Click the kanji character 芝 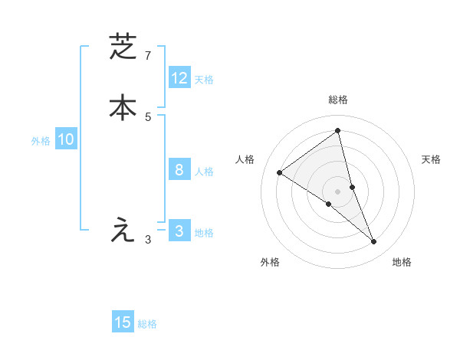click(123, 47)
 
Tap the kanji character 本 click(123, 106)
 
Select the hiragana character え click(123, 229)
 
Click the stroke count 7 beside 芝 click(148, 56)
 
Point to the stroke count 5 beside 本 click(148, 116)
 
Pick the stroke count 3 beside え click(148, 239)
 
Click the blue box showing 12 click(179, 78)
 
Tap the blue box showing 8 click(179, 170)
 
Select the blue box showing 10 click(66, 139)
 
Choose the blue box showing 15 click(123, 322)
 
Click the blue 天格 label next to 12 click(204, 80)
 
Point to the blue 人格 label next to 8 click(204, 172)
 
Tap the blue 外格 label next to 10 click(41, 141)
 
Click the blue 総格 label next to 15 click(147, 324)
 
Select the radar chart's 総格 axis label click(338, 100)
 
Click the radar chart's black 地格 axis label click(402, 262)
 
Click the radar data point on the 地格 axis click(374, 241)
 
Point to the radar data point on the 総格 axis click(338, 130)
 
